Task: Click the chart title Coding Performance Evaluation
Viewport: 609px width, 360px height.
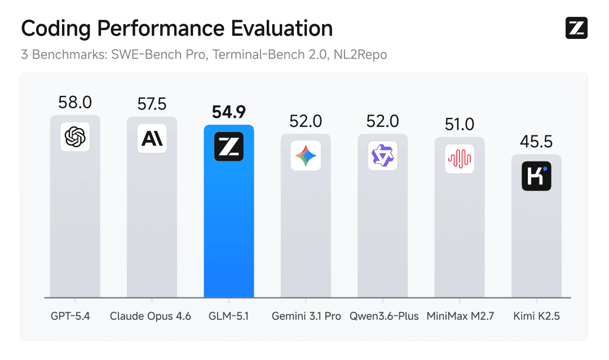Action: pyautogui.click(x=176, y=28)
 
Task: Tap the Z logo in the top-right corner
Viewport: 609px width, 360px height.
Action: pyautogui.click(x=576, y=28)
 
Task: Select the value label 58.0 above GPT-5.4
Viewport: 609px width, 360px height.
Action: pyautogui.click(x=75, y=103)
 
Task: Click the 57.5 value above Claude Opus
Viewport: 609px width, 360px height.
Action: pyautogui.click(x=152, y=104)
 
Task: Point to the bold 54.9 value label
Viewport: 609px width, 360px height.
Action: pyautogui.click(x=228, y=112)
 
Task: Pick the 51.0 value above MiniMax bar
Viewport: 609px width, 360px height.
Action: pyautogui.click(x=459, y=124)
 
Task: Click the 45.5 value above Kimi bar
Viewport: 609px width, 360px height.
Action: pyautogui.click(x=536, y=142)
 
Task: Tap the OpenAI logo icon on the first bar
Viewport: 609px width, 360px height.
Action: pyautogui.click(x=75, y=137)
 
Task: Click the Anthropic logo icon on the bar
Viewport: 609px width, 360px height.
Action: pyautogui.click(x=152, y=138)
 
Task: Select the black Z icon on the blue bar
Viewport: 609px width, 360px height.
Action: pyautogui.click(x=228, y=147)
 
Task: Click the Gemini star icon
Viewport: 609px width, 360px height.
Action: pyautogui.click(x=306, y=156)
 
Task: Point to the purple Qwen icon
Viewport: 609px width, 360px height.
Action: pyautogui.click(x=382, y=156)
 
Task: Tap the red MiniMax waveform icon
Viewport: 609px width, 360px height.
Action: pyautogui.click(x=459, y=159)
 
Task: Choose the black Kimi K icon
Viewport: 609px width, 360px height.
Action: pyautogui.click(x=536, y=176)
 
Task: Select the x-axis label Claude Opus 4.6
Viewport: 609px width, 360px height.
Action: pyautogui.click(x=151, y=316)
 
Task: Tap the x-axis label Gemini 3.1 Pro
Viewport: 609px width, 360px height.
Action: pyautogui.click(x=306, y=316)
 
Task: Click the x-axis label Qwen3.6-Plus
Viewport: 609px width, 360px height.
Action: pyautogui.click(x=383, y=316)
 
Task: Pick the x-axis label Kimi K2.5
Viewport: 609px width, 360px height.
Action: pyautogui.click(x=536, y=316)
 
